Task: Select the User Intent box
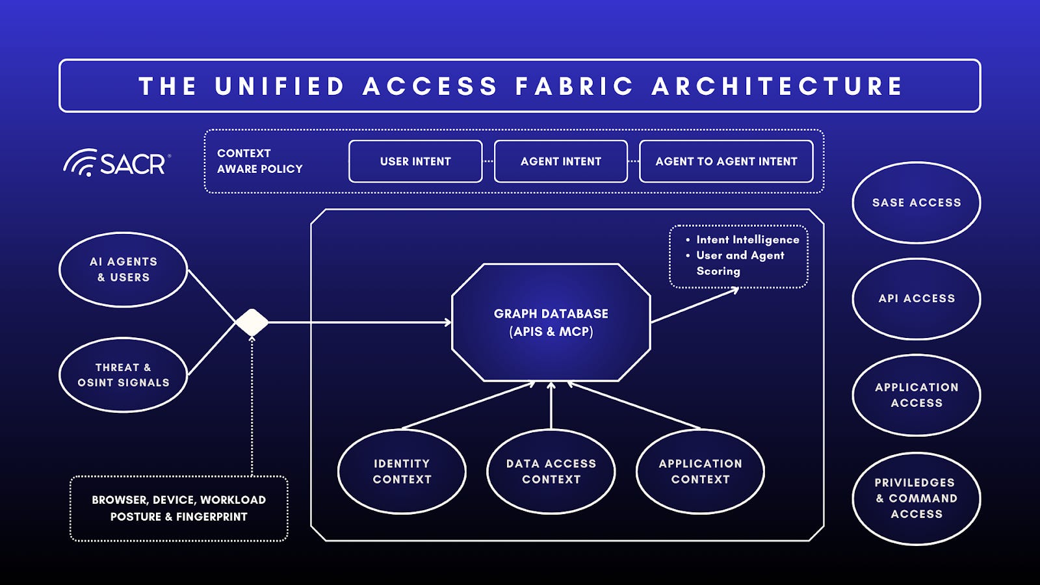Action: coord(415,161)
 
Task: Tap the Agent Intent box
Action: coord(560,161)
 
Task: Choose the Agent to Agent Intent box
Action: coord(726,161)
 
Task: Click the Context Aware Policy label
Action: coord(259,161)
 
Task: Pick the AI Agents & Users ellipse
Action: coord(123,270)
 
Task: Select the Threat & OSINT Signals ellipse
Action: coord(123,375)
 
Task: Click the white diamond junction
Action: coord(252,322)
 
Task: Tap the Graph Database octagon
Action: coord(551,322)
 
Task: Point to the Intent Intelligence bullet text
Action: coord(747,240)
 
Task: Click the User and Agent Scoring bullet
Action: coord(740,263)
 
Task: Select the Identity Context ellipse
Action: coord(402,471)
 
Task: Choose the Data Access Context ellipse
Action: coord(551,471)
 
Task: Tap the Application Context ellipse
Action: coord(700,471)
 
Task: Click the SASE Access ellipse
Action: coord(916,203)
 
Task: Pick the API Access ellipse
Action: coord(916,299)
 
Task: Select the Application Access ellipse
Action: coord(916,395)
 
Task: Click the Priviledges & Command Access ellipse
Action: coord(916,499)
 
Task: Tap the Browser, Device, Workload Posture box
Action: coord(179,508)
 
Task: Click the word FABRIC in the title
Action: coord(574,86)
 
